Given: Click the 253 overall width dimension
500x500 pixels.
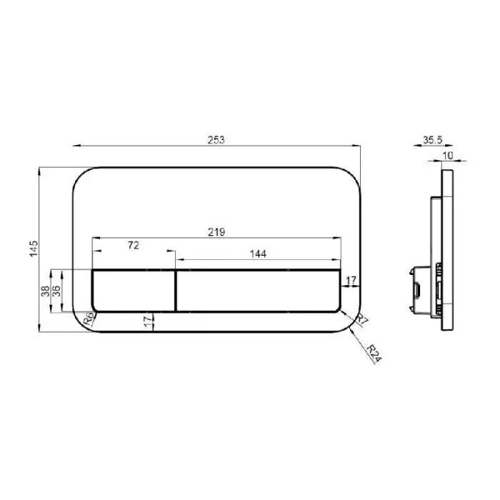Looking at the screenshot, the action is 216,140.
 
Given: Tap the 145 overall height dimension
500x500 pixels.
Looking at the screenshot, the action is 34,249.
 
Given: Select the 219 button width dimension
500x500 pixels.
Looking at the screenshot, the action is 216,232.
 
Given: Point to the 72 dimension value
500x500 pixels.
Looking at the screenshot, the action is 134,245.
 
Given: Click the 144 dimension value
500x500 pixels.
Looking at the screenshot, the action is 258,254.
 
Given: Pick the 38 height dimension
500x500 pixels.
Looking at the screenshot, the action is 45,291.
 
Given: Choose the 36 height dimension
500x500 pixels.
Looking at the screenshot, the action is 56,291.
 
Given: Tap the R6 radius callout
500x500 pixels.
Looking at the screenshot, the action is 89,319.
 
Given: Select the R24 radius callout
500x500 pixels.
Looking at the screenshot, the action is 374,354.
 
